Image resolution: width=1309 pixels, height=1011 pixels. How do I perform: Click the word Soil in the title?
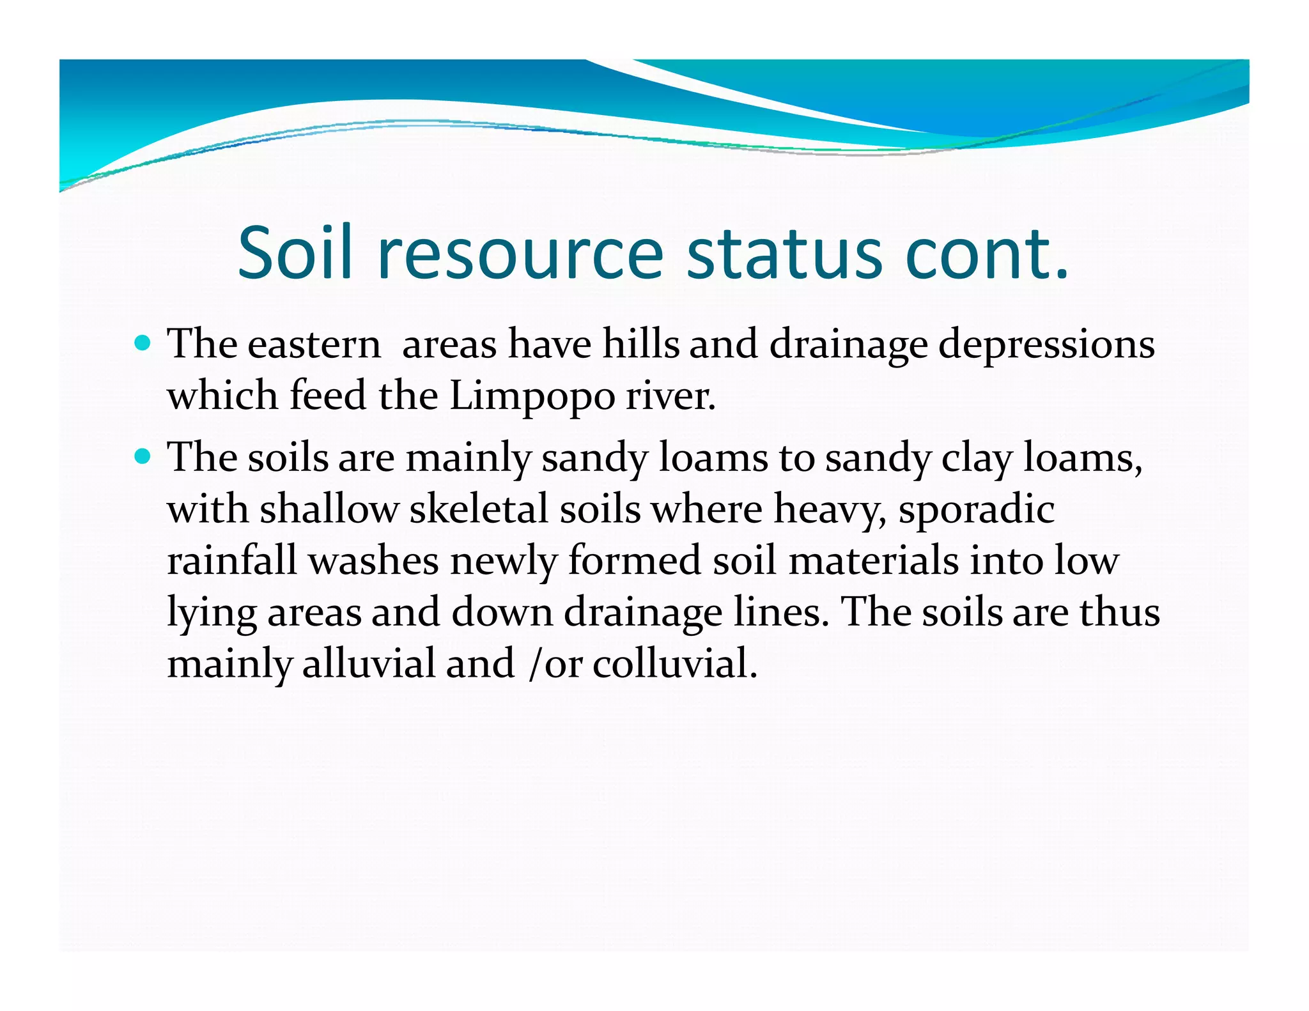pos(295,254)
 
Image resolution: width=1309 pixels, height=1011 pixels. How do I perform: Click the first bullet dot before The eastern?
pos(143,343)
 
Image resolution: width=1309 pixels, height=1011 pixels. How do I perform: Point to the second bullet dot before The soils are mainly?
pos(143,457)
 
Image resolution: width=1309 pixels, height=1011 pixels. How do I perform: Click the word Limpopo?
pos(532,396)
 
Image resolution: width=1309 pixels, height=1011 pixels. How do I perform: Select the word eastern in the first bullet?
pos(314,345)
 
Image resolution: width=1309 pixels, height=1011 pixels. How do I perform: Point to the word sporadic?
pos(976,510)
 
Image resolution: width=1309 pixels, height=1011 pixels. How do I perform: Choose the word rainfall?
pos(232,561)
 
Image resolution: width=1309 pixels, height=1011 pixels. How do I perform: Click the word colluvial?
pos(674,663)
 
